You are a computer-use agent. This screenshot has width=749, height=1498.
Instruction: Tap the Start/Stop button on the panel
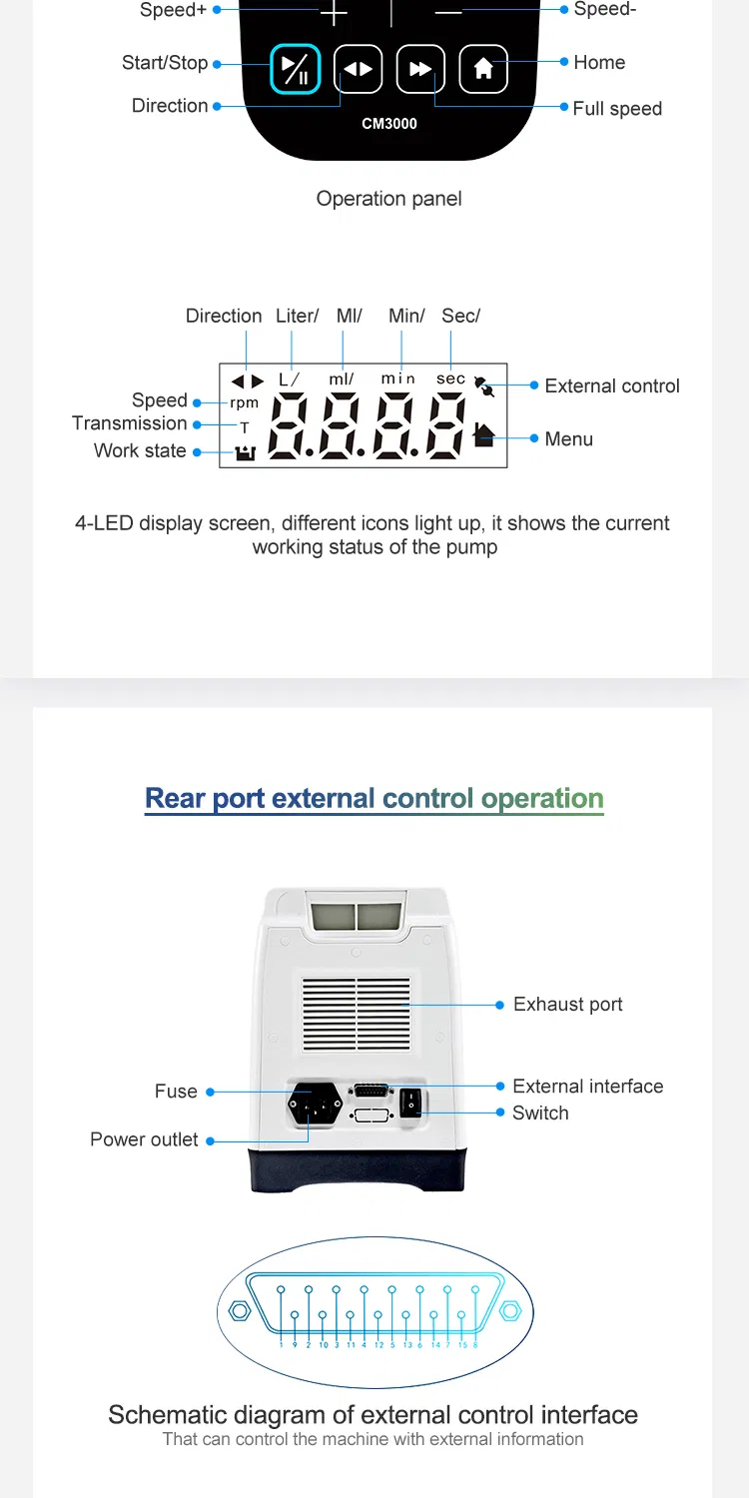[x=295, y=69]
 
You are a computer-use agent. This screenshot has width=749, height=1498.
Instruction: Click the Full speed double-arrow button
[x=420, y=69]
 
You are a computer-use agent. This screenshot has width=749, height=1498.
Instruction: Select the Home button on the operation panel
[x=483, y=69]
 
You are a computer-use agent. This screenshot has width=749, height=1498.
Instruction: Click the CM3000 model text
[x=389, y=124]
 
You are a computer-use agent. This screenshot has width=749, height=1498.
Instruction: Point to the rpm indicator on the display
[x=244, y=403]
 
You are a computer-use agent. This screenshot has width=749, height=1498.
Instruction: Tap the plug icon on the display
[x=484, y=385]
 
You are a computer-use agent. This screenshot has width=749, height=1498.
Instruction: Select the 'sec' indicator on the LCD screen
[x=450, y=378]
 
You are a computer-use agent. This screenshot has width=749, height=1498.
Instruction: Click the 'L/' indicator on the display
[x=289, y=379]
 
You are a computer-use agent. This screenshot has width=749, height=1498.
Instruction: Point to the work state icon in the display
[x=246, y=452]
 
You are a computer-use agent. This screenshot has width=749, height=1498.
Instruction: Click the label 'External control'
[x=612, y=385]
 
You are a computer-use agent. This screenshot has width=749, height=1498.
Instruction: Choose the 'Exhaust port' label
[x=568, y=1004]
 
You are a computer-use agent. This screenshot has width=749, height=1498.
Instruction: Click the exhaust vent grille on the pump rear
[x=357, y=1014]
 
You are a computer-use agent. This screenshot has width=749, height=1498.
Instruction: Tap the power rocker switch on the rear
[x=410, y=1103]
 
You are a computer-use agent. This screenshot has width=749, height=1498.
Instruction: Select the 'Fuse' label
[x=176, y=1092]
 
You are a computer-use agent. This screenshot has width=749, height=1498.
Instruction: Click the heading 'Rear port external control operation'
[x=374, y=799]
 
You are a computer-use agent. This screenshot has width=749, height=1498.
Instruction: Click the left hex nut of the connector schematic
[x=240, y=1310]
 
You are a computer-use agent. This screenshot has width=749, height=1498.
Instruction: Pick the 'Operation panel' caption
[x=389, y=199]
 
